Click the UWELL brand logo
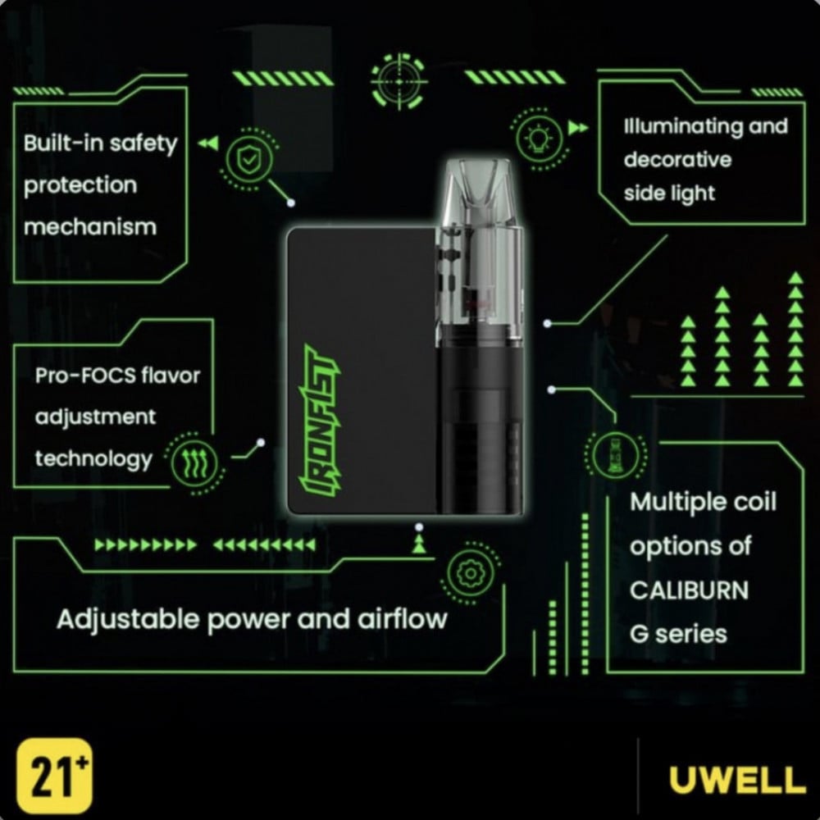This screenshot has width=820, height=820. point(737,780)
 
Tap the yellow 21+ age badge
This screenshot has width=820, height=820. point(54,775)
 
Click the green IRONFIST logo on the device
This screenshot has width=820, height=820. point(320,421)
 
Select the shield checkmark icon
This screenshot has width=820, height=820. point(248,159)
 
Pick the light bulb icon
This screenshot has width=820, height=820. point(539,139)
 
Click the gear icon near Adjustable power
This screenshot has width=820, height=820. point(471,573)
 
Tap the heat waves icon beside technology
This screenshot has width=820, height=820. point(194,463)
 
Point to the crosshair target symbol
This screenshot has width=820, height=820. point(399,81)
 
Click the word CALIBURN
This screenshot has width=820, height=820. point(689,590)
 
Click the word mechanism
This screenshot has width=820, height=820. point(90,227)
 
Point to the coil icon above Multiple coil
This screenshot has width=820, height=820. point(615,455)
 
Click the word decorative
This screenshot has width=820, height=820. point(677,160)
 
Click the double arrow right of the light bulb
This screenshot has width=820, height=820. point(578,128)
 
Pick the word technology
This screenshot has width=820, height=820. point(93,459)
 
